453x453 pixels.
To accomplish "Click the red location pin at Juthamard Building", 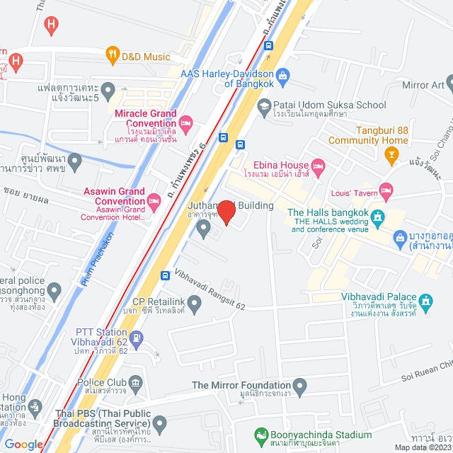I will coord(226,212).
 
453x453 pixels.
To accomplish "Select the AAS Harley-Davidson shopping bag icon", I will coord(282,74).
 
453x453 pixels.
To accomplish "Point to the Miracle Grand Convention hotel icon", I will coord(185,125).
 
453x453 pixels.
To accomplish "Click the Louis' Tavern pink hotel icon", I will coord(386,190).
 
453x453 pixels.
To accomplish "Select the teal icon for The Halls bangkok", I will coord(379,216).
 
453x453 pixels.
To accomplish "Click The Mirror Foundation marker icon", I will coord(300,387).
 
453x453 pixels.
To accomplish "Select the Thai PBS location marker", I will coord(160,425).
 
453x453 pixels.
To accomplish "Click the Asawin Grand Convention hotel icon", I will coord(154,204).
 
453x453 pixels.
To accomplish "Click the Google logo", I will coord(23,444).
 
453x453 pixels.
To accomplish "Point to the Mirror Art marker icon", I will coord(448,85).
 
